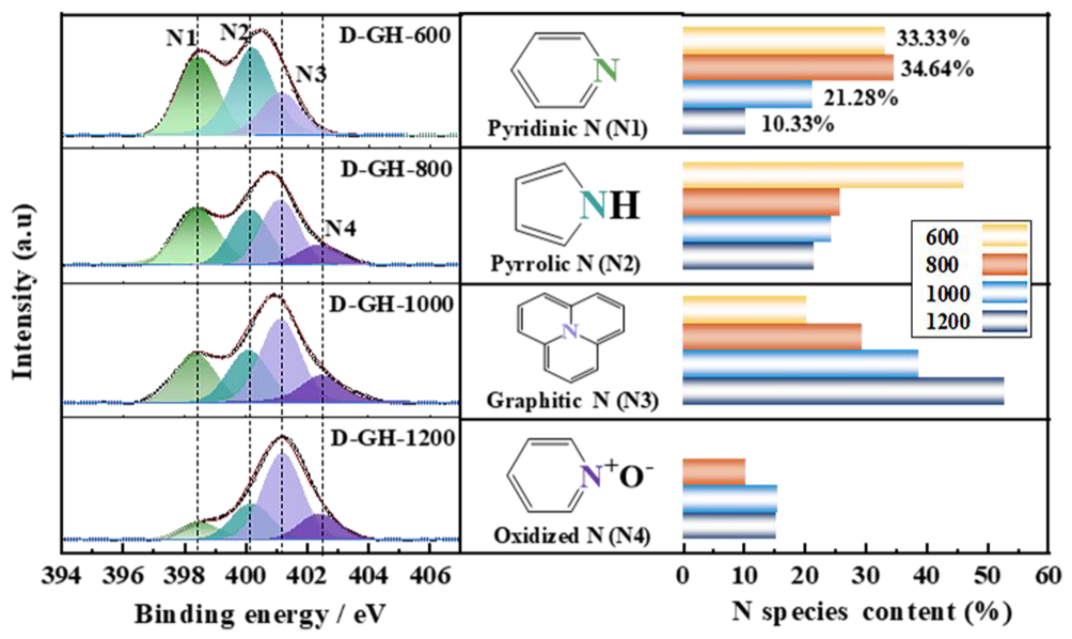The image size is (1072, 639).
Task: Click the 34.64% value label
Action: click(x=937, y=69)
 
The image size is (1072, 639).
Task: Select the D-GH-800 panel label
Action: click(x=396, y=169)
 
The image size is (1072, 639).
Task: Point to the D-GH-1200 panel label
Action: click(x=393, y=439)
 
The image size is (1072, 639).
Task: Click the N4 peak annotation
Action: click(x=340, y=229)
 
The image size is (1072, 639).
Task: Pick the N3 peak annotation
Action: click(x=311, y=75)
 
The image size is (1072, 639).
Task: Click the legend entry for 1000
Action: click(x=947, y=294)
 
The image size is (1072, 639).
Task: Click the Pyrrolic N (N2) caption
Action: click(x=565, y=264)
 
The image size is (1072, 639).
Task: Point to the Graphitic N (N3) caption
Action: click(x=572, y=401)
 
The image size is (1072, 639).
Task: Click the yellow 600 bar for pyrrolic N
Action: click(x=823, y=175)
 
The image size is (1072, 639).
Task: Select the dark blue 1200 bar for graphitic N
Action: click(x=843, y=391)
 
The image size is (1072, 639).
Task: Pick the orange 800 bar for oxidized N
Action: click(x=714, y=472)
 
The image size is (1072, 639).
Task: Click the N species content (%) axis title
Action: click(x=871, y=612)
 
